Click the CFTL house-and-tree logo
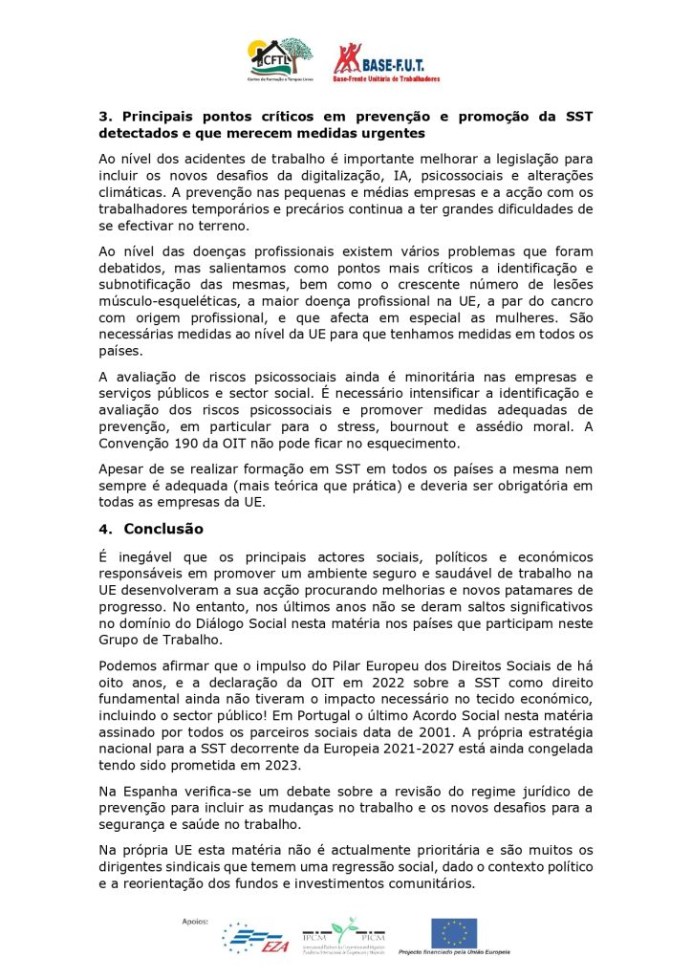point(279,59)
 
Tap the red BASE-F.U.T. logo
point(385,60)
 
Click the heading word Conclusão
point(163,528)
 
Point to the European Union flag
point(454,932)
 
